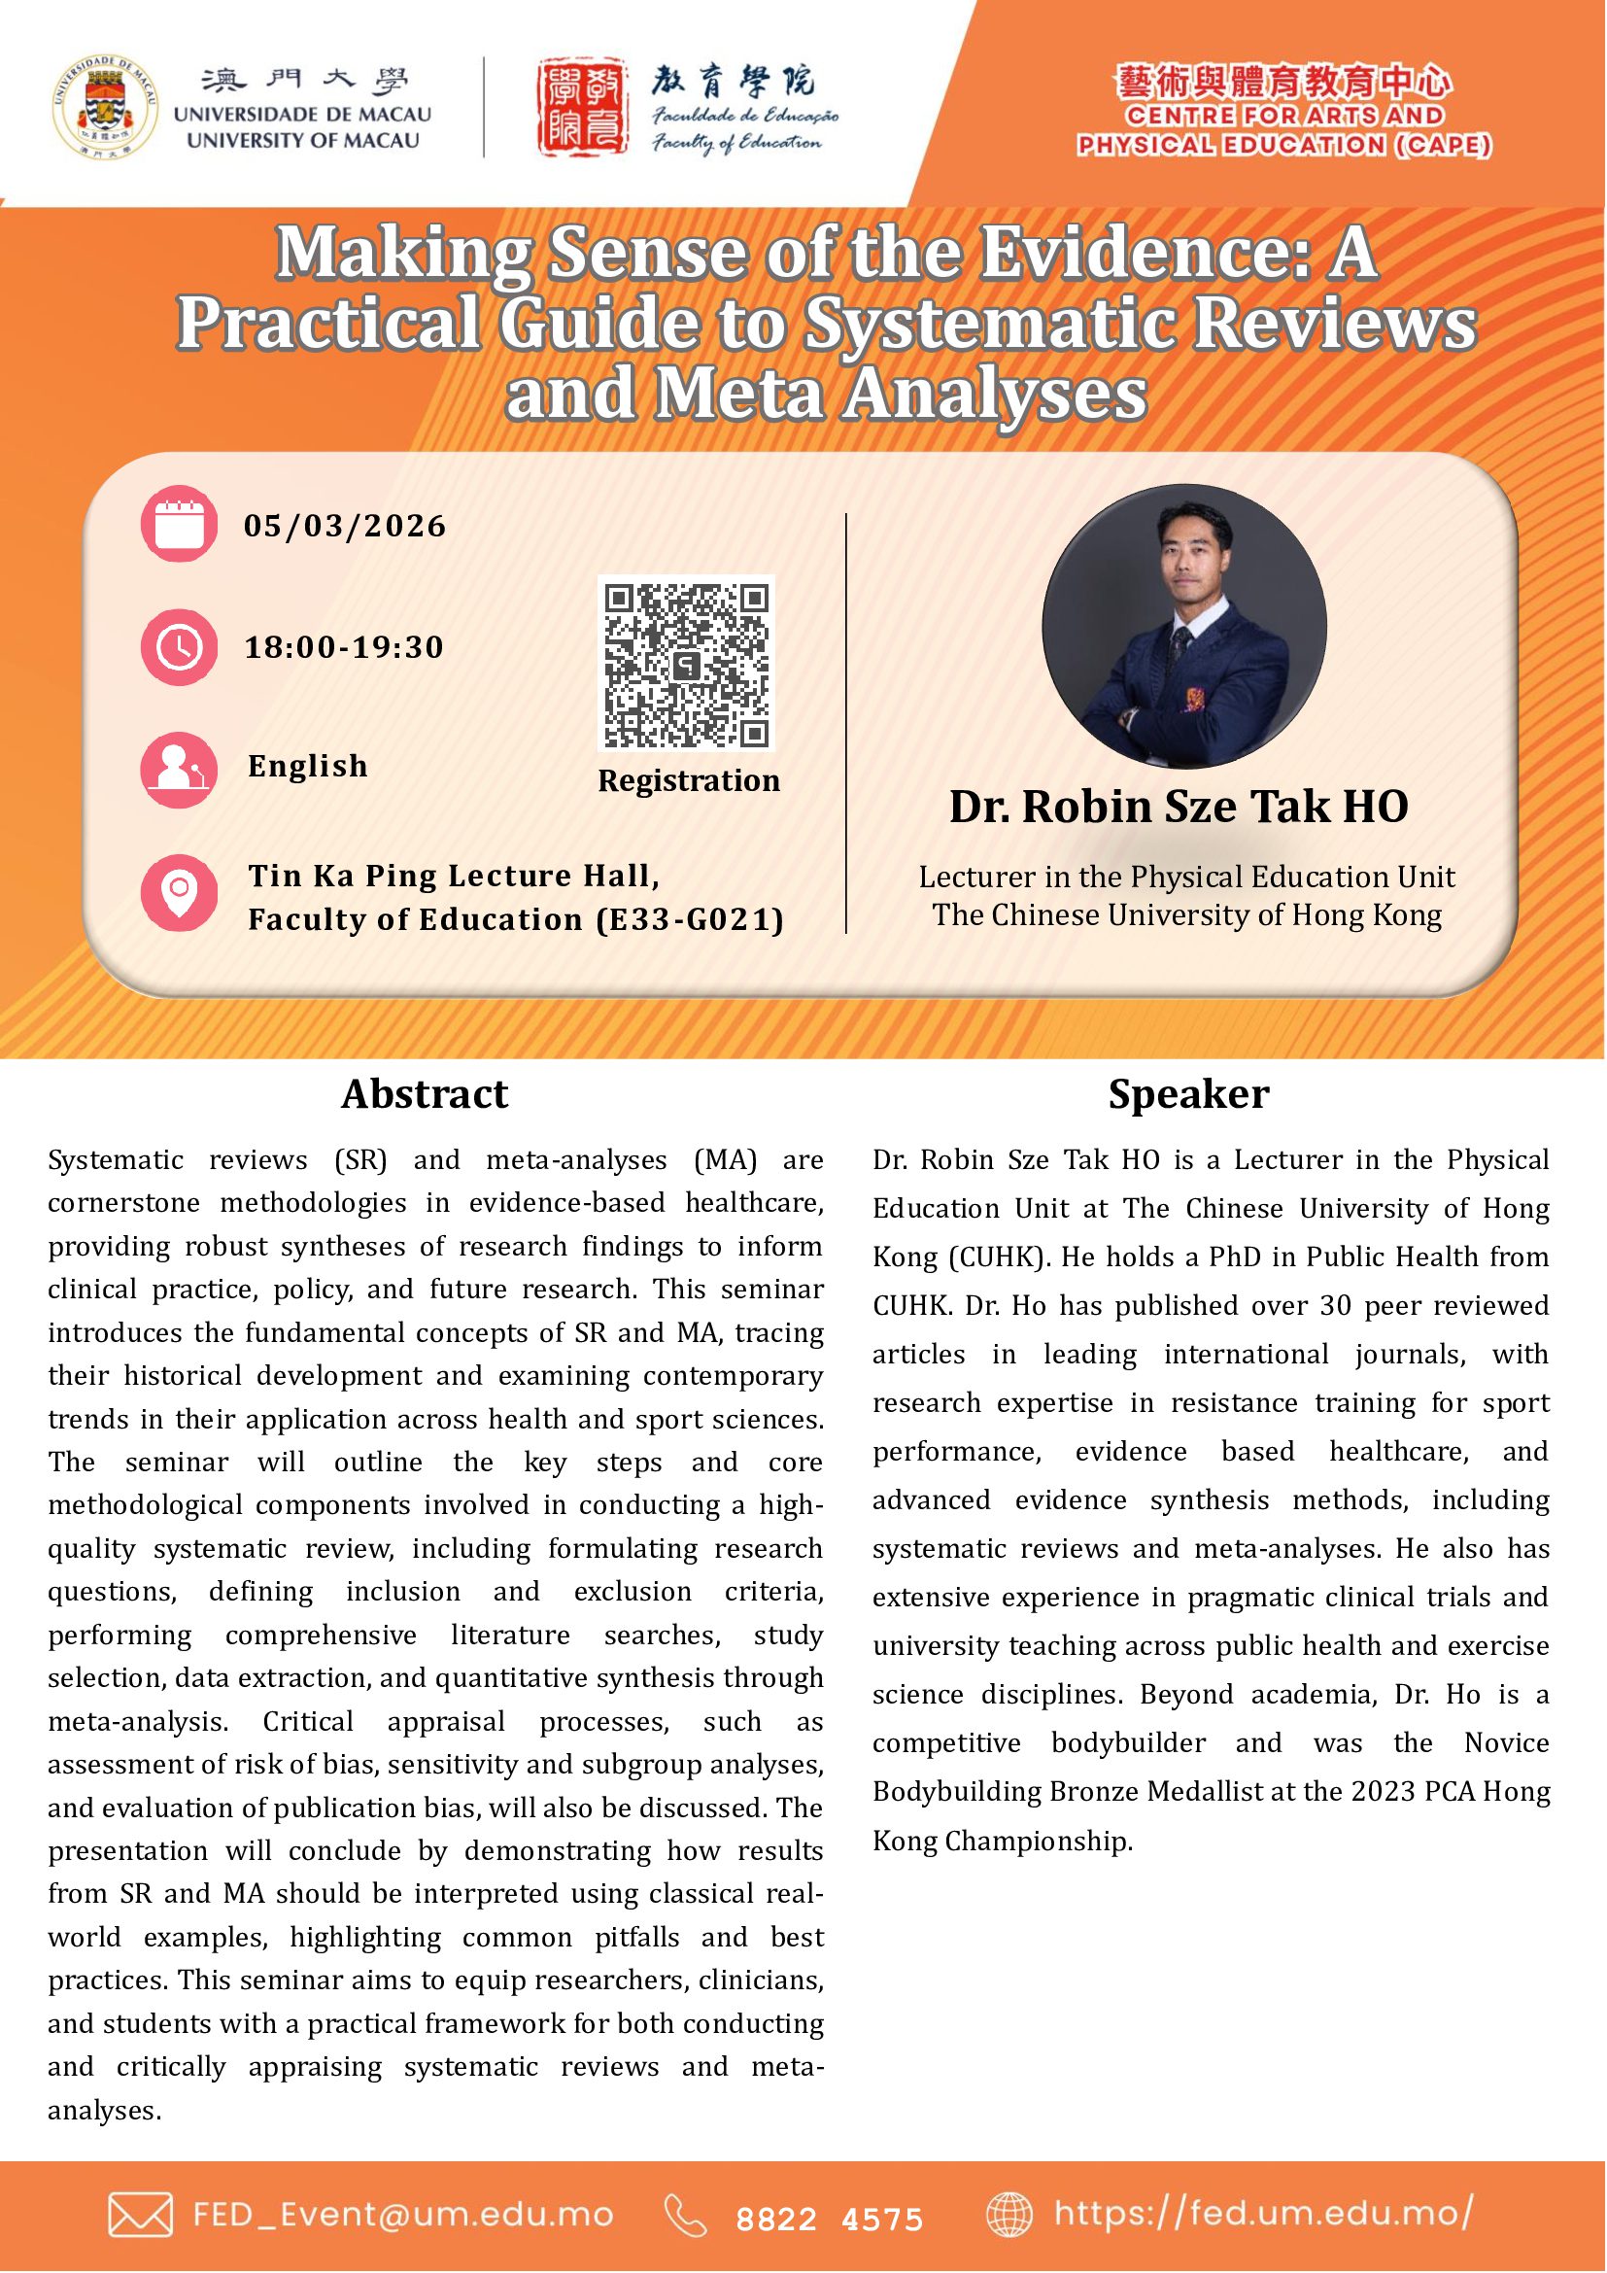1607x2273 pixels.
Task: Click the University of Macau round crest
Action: [105, 107]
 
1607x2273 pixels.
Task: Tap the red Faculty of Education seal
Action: [583, 107]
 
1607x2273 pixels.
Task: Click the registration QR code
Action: [687, 665]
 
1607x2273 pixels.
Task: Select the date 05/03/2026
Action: [345, 526]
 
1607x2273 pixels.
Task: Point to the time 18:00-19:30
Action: [344, 647]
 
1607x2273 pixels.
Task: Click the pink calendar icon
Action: [179, 524]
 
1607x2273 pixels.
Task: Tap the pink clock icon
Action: [179, 647]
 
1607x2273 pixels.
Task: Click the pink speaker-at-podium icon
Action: [179, 770]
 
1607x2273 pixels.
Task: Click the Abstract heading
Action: [425, 1094]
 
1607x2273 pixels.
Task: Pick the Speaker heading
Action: [1188, 1094]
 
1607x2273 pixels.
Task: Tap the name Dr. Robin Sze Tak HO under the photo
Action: [1179, 807]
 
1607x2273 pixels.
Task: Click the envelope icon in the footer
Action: [141, 2216]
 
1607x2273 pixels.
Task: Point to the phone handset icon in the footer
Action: [686, 2216]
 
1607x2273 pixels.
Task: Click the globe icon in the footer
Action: [1009, 2216]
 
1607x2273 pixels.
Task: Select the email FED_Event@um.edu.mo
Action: [403, 2215]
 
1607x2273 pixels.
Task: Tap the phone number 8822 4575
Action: [829, 2219]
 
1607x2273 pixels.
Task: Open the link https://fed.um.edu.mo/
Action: [1264, 2213]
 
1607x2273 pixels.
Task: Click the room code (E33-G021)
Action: [690, 919]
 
